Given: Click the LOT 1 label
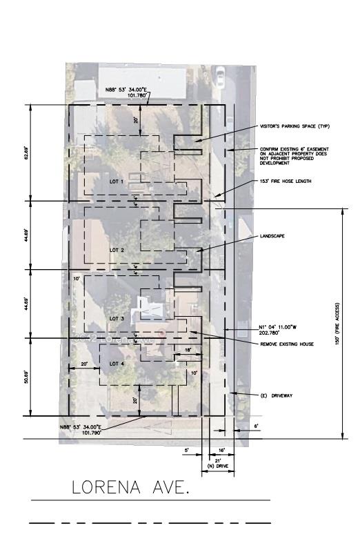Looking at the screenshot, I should [116, 181].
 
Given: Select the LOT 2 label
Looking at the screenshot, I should [117, 250].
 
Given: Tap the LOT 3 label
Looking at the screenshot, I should [117, 318].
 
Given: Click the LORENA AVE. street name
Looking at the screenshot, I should [130, 489].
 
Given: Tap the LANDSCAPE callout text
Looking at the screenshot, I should [272, 236].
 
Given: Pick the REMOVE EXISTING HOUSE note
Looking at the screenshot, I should [284, 343].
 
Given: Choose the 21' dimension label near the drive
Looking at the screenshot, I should [218, 460].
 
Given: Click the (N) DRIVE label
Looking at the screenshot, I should [218, 468].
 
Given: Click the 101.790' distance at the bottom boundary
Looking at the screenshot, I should [92, 433].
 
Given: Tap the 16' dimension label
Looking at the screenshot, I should [222, 450].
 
